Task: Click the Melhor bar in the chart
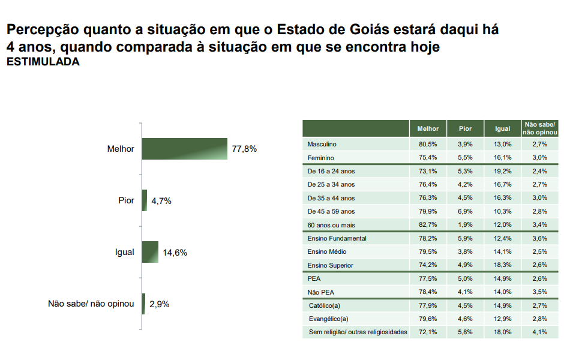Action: pos(184,149)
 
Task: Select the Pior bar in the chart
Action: pos(145,200)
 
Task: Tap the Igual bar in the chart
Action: pos(150,253)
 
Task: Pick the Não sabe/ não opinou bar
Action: pos(143,304)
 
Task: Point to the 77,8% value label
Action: pos(244,149)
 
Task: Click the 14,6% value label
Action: pos(175,253)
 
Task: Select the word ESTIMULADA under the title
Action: pos(43,62)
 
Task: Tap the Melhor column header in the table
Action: pos(428,128)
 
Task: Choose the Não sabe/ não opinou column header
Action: pos(540,128)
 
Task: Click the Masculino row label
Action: pos(322,144)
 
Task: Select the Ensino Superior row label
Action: pos(330,265)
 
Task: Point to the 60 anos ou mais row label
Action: pos(332,225)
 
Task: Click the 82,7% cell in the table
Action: pos(428,225)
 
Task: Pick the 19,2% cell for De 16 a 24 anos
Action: pos(503,171)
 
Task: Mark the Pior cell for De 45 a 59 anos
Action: pos(466,211)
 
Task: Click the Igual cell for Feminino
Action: pos(503,157)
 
